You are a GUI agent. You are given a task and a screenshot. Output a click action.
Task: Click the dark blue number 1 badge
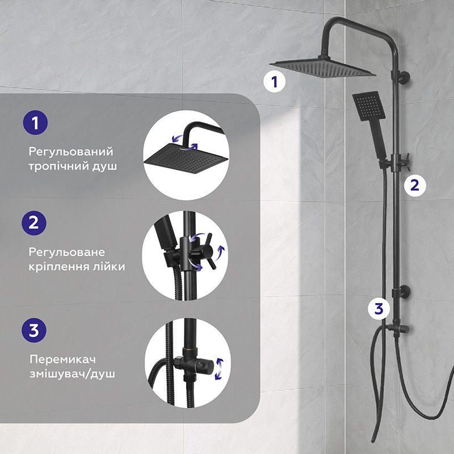pyautogui.click(x=35, y=123)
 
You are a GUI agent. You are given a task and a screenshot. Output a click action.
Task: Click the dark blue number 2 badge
pyautogui.click(x=34, y=223)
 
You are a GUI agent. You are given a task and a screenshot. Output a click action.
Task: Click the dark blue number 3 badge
pyautogui.click(x=34, y=330)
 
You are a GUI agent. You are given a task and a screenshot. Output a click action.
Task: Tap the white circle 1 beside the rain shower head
pyautogui.click(x=275, y=82)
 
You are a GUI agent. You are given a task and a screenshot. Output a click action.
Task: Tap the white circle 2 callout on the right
pyautogui.click(x=415, y=186)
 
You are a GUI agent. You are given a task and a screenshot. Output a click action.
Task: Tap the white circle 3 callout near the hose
pyautogui.click(x=379, y=309)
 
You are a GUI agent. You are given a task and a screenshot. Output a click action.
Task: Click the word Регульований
pyautogui.click(x=70, y=152)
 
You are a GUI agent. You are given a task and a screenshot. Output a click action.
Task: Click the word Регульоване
pyautogui.click(x=66, y=253)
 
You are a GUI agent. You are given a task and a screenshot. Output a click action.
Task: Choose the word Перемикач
pyautogui.click(x=62, y=360)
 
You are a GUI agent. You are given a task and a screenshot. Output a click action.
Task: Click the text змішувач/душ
pyautogui.click(x=72, y=374)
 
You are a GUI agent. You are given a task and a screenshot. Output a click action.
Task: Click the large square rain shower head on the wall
pyautogui.click(x=322, y=67)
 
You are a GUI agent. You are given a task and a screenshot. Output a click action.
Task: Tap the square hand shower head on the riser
pyautogui.click(x=368, y=106)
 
